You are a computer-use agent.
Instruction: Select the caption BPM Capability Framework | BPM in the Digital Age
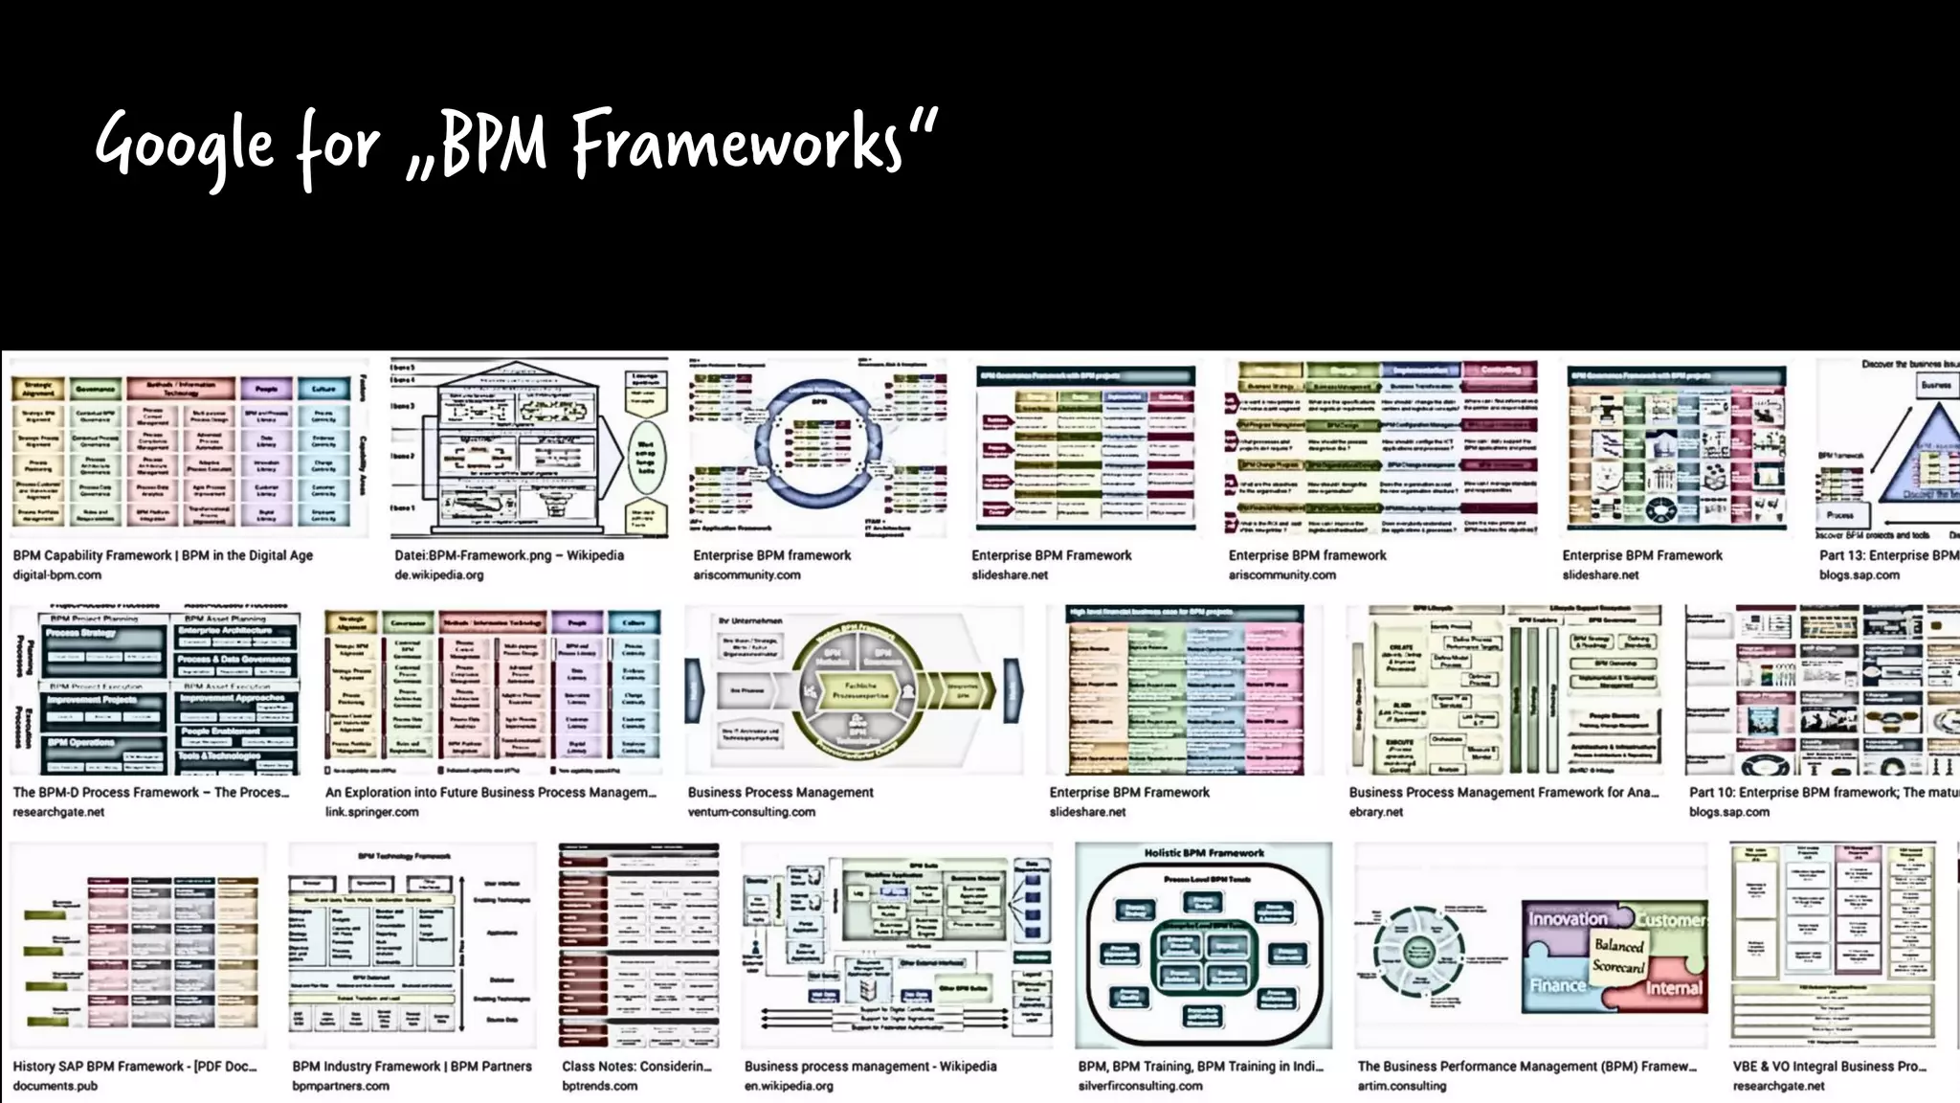point(163,555)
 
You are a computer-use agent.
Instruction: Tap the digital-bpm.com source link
point(56,575)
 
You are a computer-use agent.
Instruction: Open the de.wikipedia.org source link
point(438,575)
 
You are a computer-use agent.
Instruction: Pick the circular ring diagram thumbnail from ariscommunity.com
point(818,445)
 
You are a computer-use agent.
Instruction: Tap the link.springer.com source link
point(371,812)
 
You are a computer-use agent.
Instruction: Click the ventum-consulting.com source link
point(751,812)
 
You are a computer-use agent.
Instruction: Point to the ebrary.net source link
point(1375,812)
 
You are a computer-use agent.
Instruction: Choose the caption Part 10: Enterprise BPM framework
point(1818,793)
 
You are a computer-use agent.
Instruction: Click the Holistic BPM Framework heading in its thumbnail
point(1204,853)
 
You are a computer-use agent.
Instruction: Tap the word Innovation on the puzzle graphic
point(1568,919)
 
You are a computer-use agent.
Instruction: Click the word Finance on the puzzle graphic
point(1557,985)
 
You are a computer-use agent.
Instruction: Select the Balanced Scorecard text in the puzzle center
point(1618,956)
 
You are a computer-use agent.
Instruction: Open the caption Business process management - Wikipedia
point(870,1067)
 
